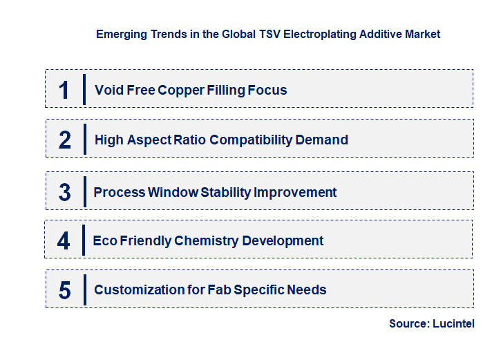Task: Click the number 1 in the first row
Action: [x=64, y=90]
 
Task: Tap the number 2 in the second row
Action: [x=65, y=140]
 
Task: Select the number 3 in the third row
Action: [x=64, y=192]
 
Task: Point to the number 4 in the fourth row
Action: [x=64, y=240]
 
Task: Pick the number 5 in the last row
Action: [x=64, y=290]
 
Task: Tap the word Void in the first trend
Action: [x=108, y=90]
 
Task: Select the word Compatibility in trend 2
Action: [x=251, y=140]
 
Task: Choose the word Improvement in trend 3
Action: [x=295, y=192]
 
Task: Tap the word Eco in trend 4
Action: [x=105, y=240]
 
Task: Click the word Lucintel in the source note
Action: [x=454, y=323]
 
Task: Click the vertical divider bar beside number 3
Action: [x=84, y=191]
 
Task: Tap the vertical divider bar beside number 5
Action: [x=84, y=290]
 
